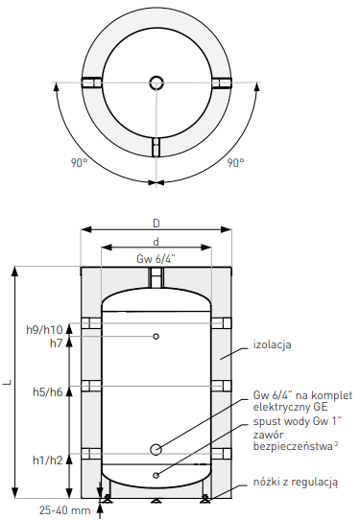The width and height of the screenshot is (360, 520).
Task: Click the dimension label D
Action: pyautogui.click(x=156, y=224)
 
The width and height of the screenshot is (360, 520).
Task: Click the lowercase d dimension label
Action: pyautogui.click(x=156, y=242)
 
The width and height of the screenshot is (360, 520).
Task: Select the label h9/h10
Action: pyautogui.click(x=44, y=330)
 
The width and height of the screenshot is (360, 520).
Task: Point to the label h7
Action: pyautogui.click(x=57, y=343)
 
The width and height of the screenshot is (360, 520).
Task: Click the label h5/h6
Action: pyautogui.click(x=48, y=392)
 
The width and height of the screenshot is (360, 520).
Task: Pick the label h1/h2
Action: pyautogui.click(x=48, y=460)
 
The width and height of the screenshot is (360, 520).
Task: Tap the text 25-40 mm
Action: pyautogui.click(x=64, y=510)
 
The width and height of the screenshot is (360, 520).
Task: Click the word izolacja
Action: pyautogui.click(x=273, y=344)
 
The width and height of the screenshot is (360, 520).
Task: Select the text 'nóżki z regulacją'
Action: pyautogui.click(x=296, y=483)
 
